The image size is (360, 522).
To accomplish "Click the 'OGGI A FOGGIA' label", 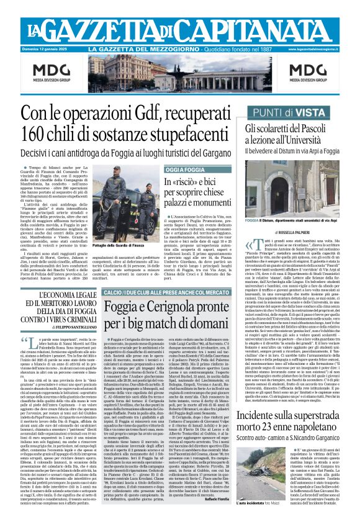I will point(185,169).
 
